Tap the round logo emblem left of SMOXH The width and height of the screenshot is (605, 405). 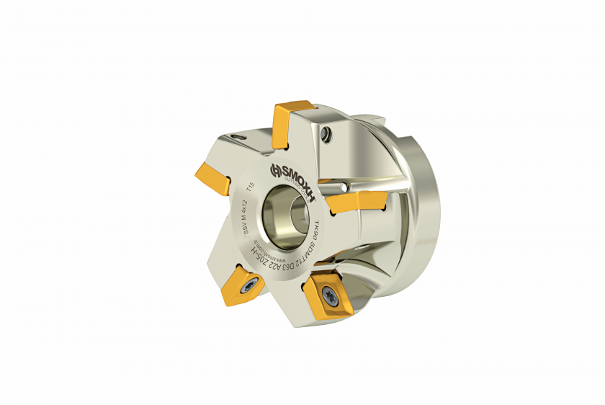point(274,171)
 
